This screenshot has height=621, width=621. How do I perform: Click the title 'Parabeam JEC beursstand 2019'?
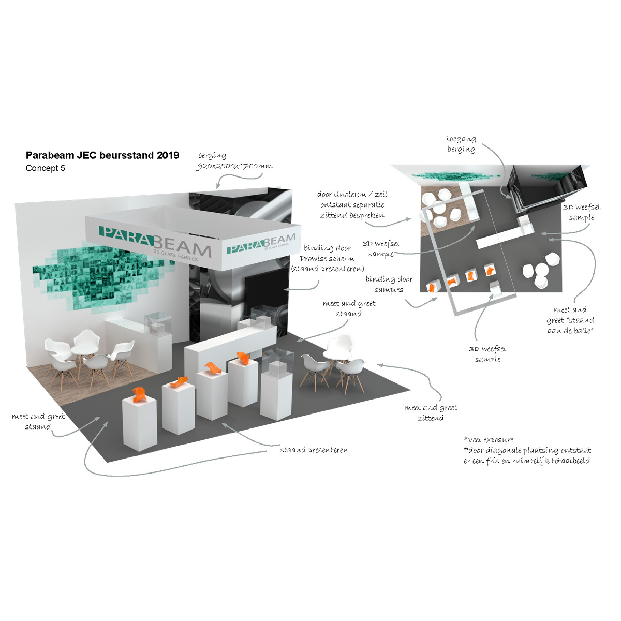(102, 155)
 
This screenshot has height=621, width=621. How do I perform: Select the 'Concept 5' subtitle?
(46, 168)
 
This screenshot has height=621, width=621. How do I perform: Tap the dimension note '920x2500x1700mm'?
(234, 166)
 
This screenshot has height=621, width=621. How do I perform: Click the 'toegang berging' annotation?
(461, 144)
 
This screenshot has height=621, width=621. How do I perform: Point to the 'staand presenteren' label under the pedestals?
(314, 450)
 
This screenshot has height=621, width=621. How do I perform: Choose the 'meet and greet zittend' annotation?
(431, 412)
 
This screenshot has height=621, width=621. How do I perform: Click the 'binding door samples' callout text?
(389, 284)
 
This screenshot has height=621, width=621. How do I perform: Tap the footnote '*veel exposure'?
(489, 439)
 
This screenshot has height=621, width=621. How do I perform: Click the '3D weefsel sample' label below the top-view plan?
(487, 354)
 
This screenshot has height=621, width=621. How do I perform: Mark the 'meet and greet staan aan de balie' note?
(570, 320)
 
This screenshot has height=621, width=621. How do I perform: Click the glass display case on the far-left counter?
(158, 323)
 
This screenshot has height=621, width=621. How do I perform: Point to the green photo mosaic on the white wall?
(98, 269)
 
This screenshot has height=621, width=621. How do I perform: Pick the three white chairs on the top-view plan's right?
(541, 269)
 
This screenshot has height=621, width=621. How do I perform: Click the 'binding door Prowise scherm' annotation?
(327, 258)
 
